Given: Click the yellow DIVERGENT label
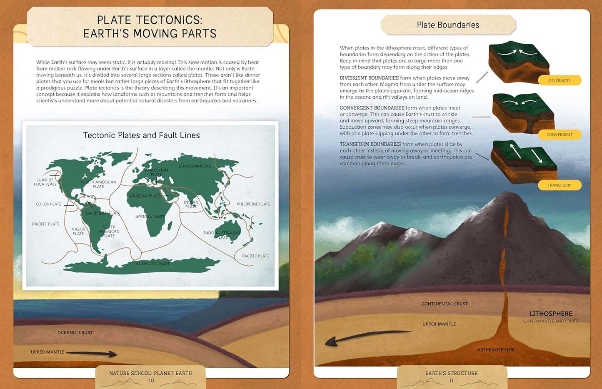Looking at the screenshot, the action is pyautogui.click(x=559, y=80).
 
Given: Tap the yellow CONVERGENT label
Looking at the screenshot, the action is pyautogui.click(x=559, y=135).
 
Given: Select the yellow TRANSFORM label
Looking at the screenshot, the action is pyautogui.click(x=559, y=185).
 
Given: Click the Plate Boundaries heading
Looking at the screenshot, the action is pyautogui.click(x=448, y=25).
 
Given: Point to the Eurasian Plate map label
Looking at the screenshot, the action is pyautogui.click(x=195, y=166).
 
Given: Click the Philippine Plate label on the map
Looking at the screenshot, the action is pyautogui.click(x=253, y=204).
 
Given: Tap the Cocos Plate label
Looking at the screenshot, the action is pyautogui.click(x=48, y=204).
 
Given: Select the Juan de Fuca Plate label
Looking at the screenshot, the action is pyautogui.click(x=45, y=182).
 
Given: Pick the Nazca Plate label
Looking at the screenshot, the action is pyautogui.click(x=78, y=231).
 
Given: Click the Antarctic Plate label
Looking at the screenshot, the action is pyautogui.click(x=152, y=264).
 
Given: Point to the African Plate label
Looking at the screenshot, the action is pyautogui.click(x=150, y=217).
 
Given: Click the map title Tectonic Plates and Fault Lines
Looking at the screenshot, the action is pyautogui.click(x=141, y=135).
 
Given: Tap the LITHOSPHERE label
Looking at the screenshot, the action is pyautogui.click(x=550, y=314).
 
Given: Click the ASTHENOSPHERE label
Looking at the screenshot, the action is pyautogui.click(x=495, y=350).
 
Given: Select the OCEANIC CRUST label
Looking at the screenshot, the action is pyautogui.click(x=75, y=332).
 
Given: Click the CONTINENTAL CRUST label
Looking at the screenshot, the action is pyautogui.click(x=445, y=304).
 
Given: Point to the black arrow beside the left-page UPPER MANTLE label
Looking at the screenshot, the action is pyautogui.click(x=92, y=354).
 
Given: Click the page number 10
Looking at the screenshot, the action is pyautogui.click(x=151, y=381).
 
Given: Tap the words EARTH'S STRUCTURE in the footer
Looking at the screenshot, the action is pyautogui.click(x=451, y=374).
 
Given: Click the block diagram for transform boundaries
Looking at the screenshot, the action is pyautogui.click(x=524, y=162).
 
